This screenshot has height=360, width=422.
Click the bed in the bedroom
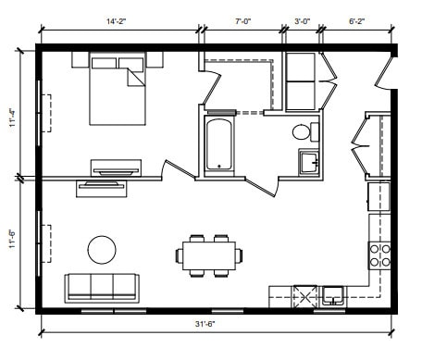coord(118,91)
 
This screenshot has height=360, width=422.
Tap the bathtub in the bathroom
coord(218,144)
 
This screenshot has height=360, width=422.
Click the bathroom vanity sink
coord(309,163)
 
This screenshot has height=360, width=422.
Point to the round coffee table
coord(102,249)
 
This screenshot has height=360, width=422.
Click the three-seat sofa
coord(101,287)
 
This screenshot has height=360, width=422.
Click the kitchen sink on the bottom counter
coord(333,296)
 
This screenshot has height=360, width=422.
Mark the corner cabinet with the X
coord(304,297)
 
